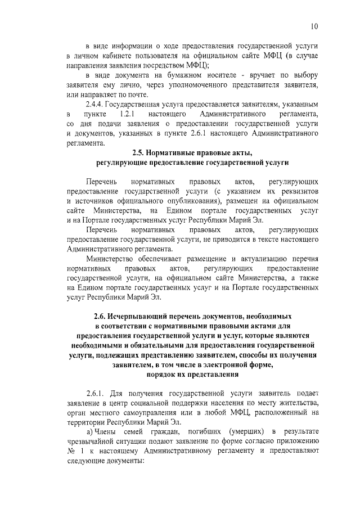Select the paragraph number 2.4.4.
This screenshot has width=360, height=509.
point(95,105)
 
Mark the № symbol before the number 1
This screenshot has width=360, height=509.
point(71,451)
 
